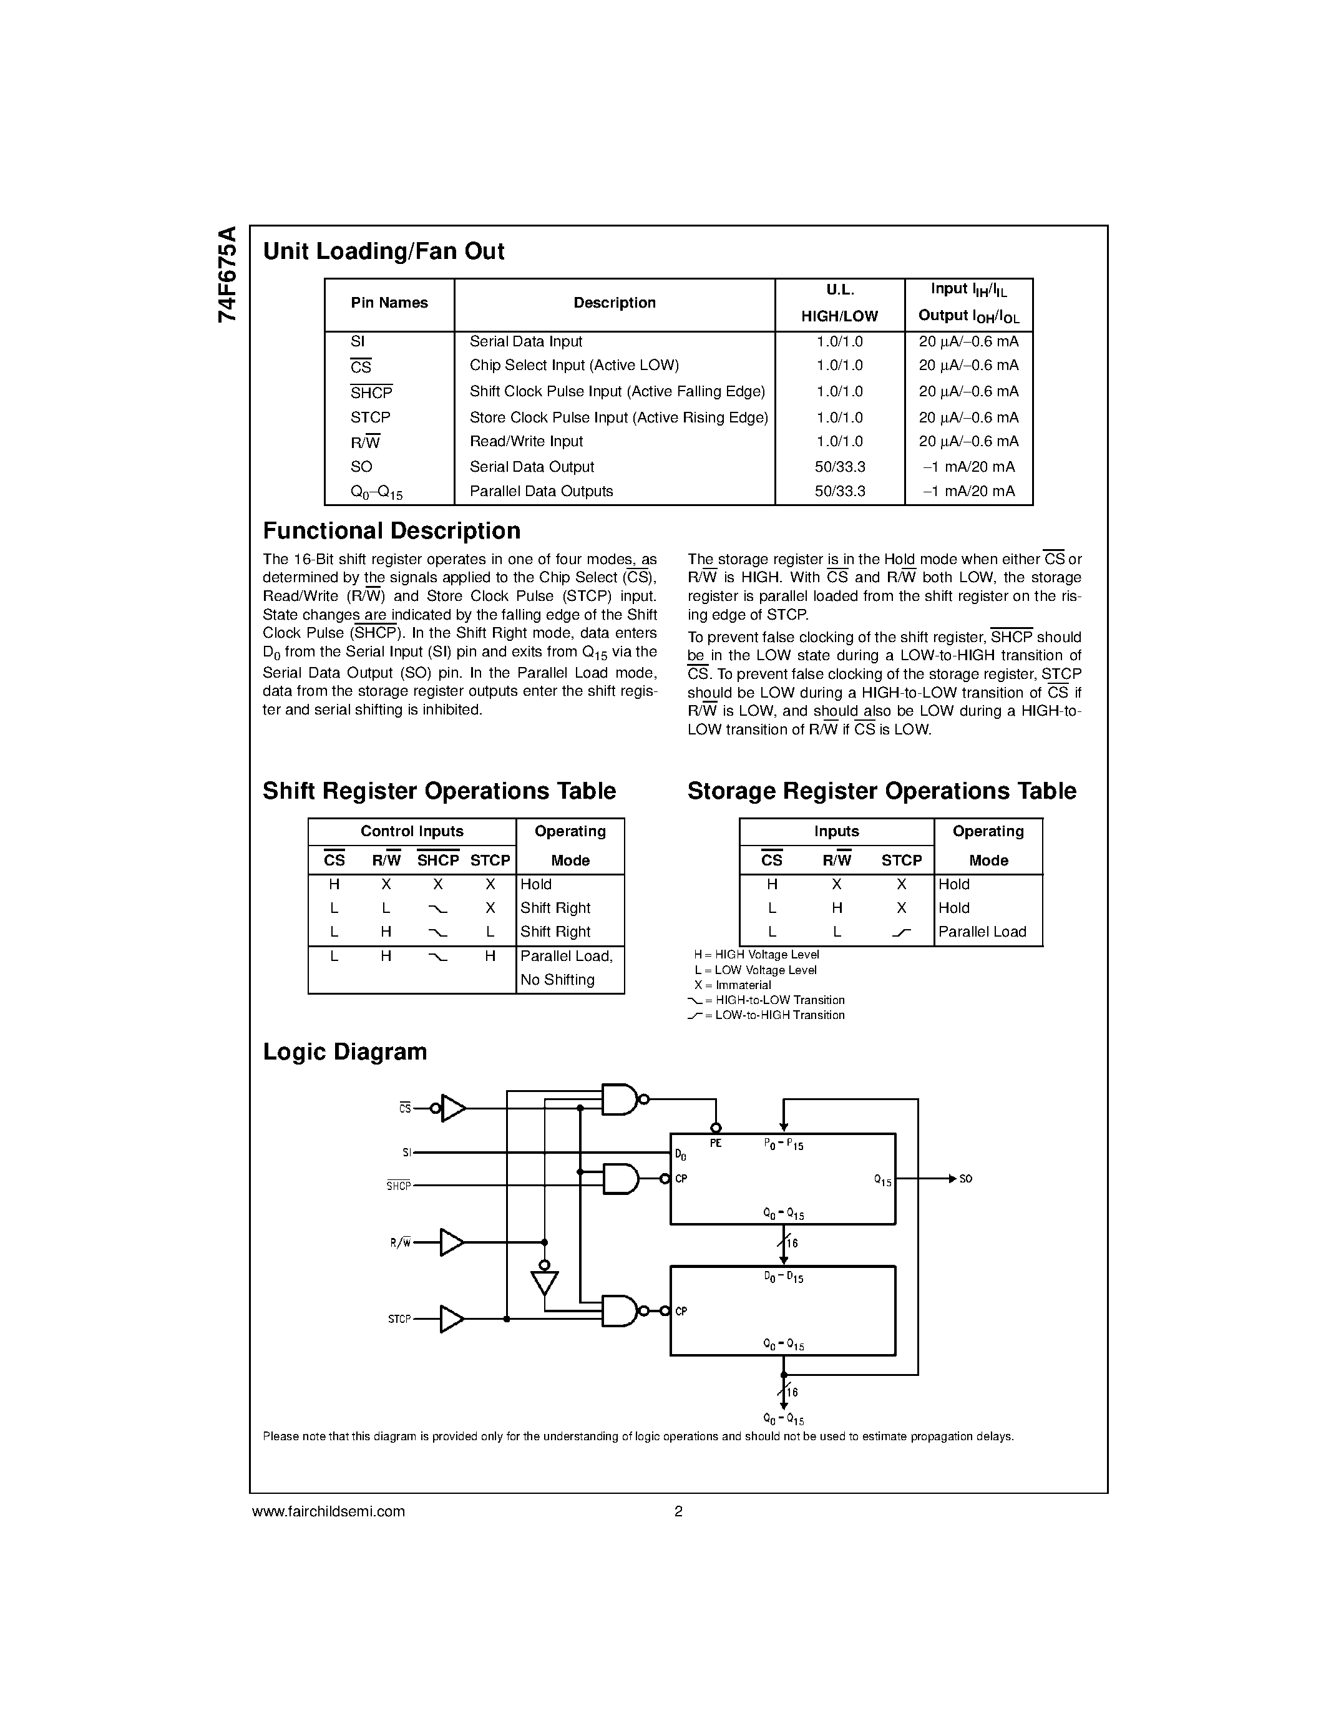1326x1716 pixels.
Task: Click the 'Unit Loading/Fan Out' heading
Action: click(x=383, y=251)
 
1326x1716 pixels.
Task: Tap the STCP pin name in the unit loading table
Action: click(x=370, y=417)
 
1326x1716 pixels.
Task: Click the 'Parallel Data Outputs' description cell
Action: click(x=541, y=492)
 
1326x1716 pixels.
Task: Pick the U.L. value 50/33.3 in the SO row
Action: click(x=840, y=467)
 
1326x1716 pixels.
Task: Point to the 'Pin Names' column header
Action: click(x=389, y=303)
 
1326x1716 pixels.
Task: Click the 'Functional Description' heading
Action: click(x=391, y=531)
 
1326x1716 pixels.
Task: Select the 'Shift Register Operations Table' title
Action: click(x=439, y=791)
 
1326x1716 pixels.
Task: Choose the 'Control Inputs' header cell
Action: click(x=412, y=831)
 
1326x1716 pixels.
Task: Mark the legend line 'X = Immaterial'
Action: click(x=732, y=985)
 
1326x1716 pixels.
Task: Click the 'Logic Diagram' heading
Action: click(x=345, y=1052)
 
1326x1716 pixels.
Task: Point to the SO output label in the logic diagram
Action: click(x=965, y=1179)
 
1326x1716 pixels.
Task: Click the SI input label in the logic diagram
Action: click(x=407, y=1153)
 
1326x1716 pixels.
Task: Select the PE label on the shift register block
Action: click(x=716, y=1144)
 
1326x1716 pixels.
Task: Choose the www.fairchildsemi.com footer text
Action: click(x=328, y=1511)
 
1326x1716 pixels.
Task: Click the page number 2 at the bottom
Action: click(x=679, y=1511)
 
